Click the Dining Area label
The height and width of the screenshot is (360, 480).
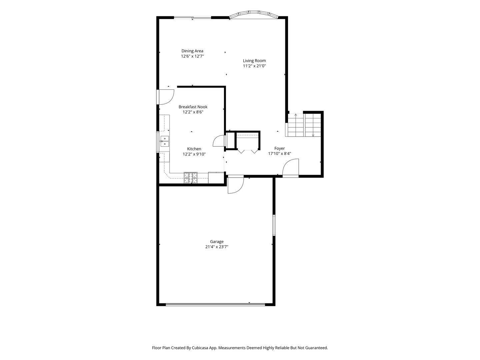click(x=192, y=51)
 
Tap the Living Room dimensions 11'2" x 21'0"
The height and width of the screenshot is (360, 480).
click(x=254, y=66)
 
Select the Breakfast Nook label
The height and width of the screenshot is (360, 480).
click(x=193, y=107)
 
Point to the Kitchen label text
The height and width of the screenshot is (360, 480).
click(x=194, y=149)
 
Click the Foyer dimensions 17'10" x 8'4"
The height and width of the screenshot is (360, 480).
click(x=279, y=153)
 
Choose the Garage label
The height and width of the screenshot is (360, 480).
click(x=217, y=242)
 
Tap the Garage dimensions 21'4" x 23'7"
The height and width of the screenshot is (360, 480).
click(x=217, y=247)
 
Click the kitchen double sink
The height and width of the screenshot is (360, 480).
click(x=164, y=141)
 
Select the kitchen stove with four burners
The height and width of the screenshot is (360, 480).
click(x=190, y=178)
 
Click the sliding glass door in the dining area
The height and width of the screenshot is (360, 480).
click(x=192, y=18)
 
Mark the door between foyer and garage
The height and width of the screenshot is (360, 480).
click(x=236, y=185)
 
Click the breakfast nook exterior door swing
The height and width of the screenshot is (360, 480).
click(x=165, y=97)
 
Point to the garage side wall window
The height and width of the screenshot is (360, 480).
click(x=274, y=225)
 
